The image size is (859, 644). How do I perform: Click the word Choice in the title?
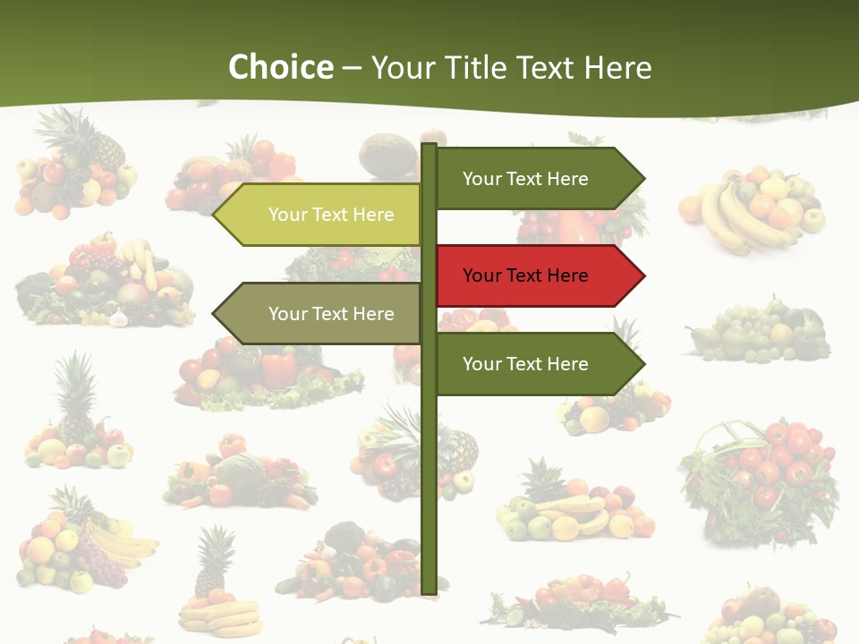pyautogui.click(x=280, y=67)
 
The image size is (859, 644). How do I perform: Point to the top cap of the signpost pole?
pyautogui.click(x=429, y=147)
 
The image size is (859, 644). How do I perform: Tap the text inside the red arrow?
pyautogui.click(x=525, y=275)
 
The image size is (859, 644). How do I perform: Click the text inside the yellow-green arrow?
pyautogui.click(x=331, y=215)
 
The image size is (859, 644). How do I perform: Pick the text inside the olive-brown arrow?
pyautogui.click(x=331, y=314)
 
